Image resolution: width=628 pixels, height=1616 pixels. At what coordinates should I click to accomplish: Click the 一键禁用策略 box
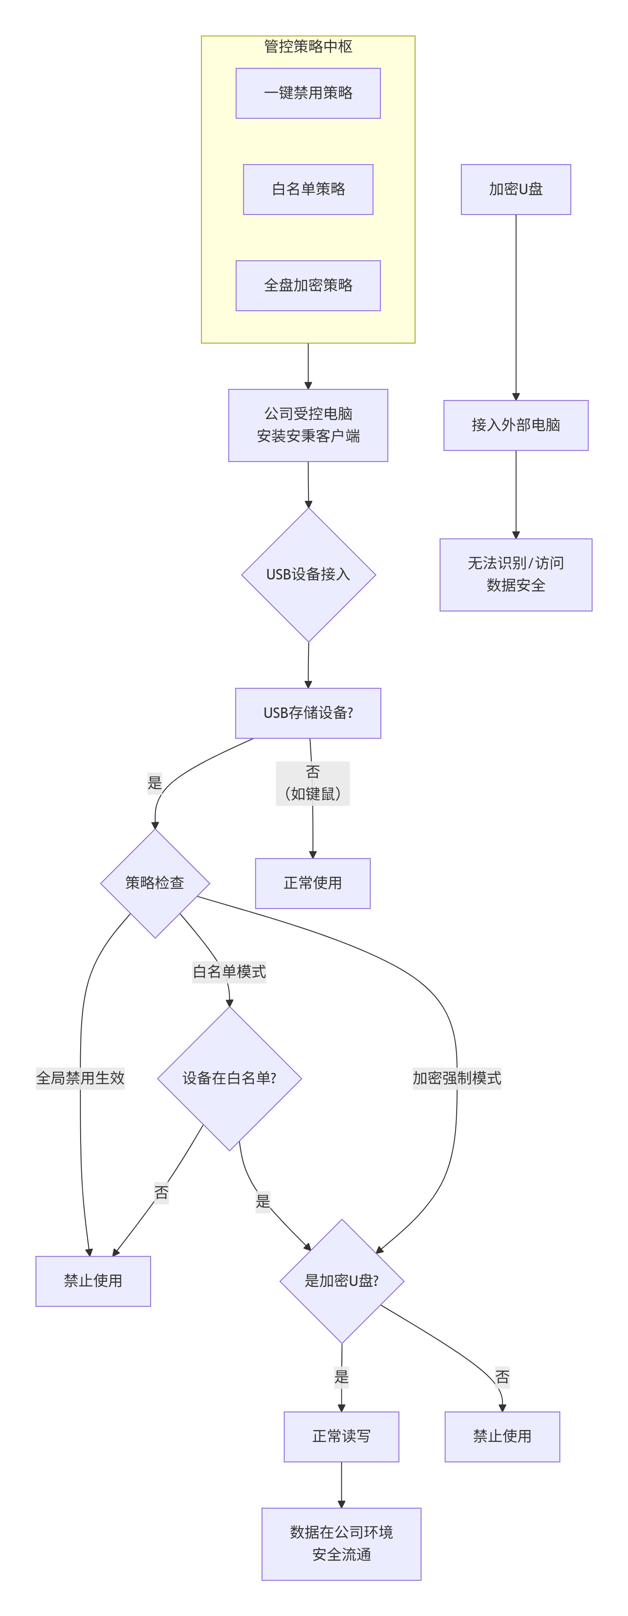tap(308, 93)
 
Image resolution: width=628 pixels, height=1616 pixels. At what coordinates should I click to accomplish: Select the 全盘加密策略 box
tap(308, 286)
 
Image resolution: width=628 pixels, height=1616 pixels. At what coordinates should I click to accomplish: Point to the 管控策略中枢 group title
tap(308, 47)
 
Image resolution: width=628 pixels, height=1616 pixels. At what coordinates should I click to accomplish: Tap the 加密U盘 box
tap(516, 189)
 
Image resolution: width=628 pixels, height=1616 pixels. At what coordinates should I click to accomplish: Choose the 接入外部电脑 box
tap(516, 425)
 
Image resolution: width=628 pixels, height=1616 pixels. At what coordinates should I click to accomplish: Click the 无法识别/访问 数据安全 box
tap(516, 575)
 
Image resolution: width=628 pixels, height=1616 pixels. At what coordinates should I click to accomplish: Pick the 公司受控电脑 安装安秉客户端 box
tap(308, 425)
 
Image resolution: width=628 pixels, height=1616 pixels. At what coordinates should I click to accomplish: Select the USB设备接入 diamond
tap(308, 575)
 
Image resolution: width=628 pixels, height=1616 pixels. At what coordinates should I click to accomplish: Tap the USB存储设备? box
tap(308, 713)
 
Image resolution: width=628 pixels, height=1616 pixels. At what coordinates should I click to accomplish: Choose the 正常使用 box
tap(312, 883)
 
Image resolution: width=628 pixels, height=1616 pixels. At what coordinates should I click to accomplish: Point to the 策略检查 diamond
tap(155, 883)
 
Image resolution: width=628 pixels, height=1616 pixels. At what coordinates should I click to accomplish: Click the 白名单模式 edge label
tap(229, 972)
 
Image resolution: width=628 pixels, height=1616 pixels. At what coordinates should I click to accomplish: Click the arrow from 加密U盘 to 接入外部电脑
tap(516, 307)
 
